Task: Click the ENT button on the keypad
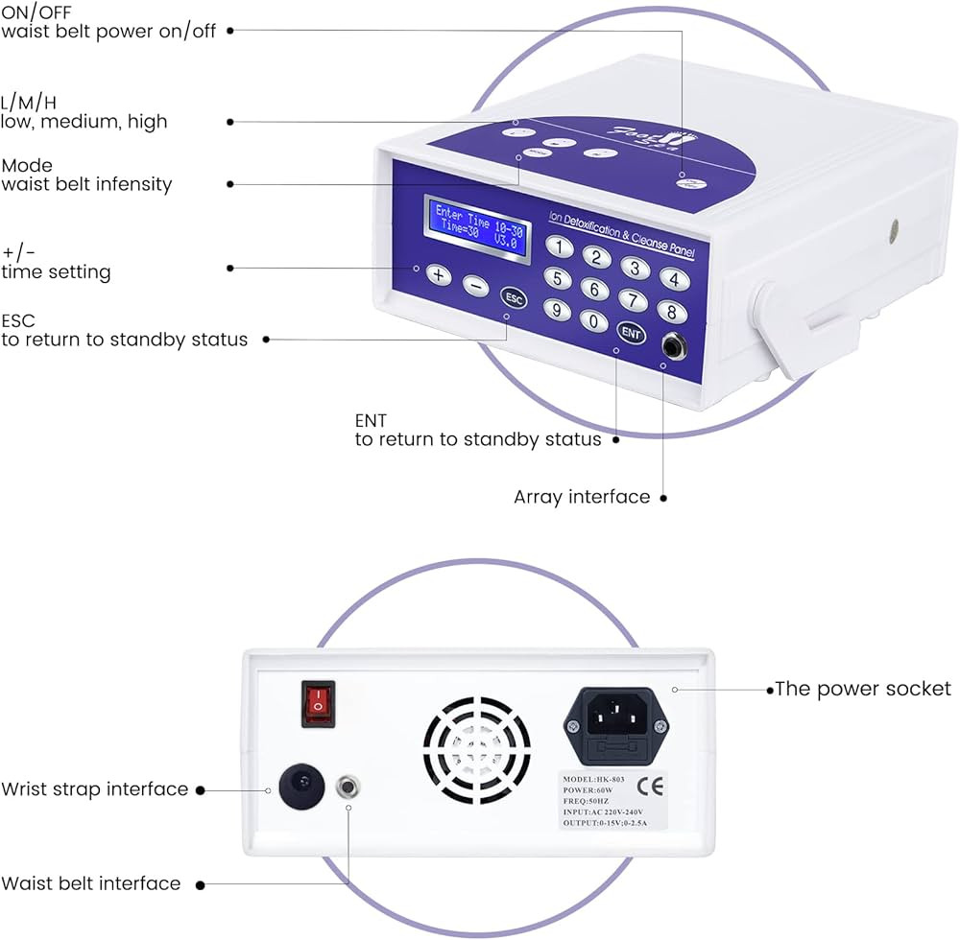630,333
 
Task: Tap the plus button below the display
438,274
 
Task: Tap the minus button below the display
474,285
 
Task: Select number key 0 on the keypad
595,321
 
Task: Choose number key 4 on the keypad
675,279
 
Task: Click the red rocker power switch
319,703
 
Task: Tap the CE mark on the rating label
656,788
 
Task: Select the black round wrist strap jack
298,789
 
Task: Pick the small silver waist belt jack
348,788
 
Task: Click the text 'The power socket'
863,689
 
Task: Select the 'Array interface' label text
582,497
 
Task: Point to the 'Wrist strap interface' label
94,789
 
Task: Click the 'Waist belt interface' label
90,883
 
